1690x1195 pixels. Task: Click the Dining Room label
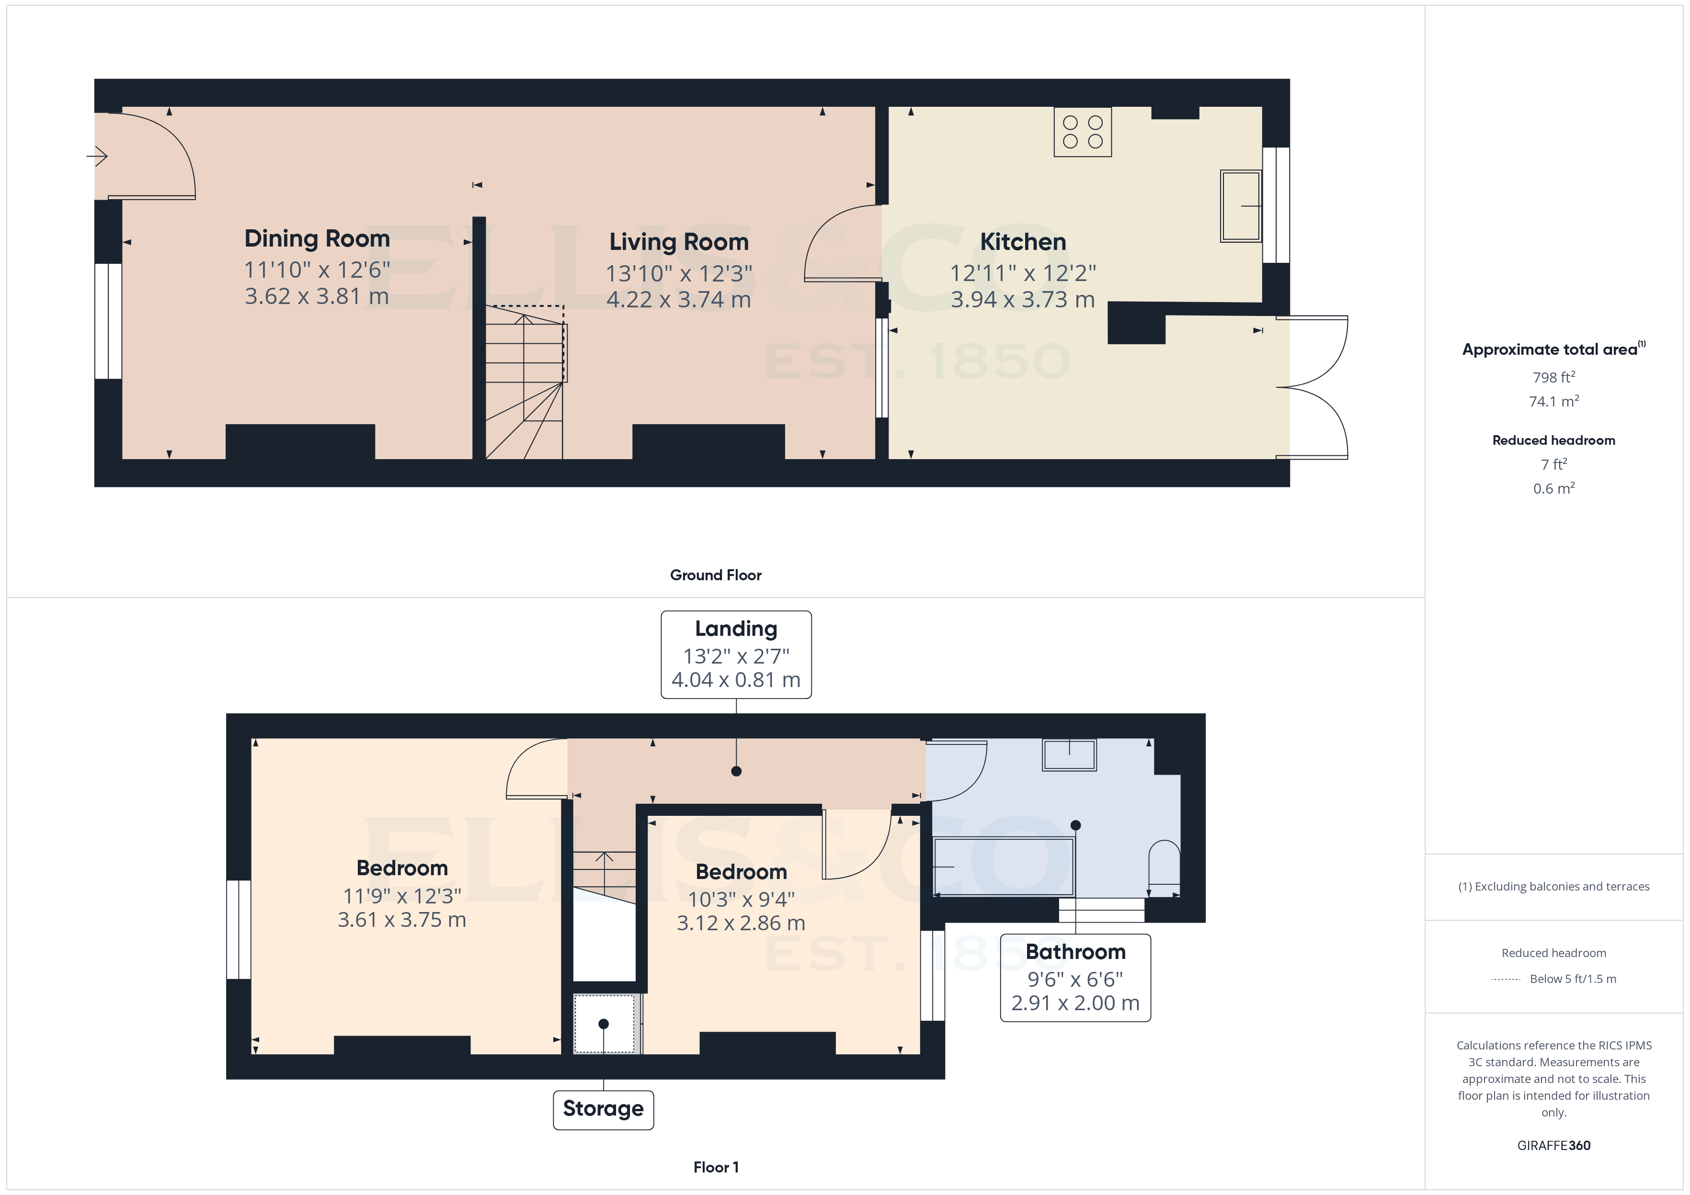317,238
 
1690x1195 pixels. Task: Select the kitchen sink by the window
1241,206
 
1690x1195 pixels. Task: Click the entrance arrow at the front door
97,156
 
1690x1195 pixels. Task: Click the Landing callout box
736,654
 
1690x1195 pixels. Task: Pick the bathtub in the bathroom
1003,867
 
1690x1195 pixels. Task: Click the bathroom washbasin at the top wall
1069,755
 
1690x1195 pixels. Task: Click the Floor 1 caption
716,1167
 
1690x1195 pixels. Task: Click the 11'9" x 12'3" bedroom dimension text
402,895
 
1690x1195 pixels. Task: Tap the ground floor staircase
524,383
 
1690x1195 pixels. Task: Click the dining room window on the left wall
108,322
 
